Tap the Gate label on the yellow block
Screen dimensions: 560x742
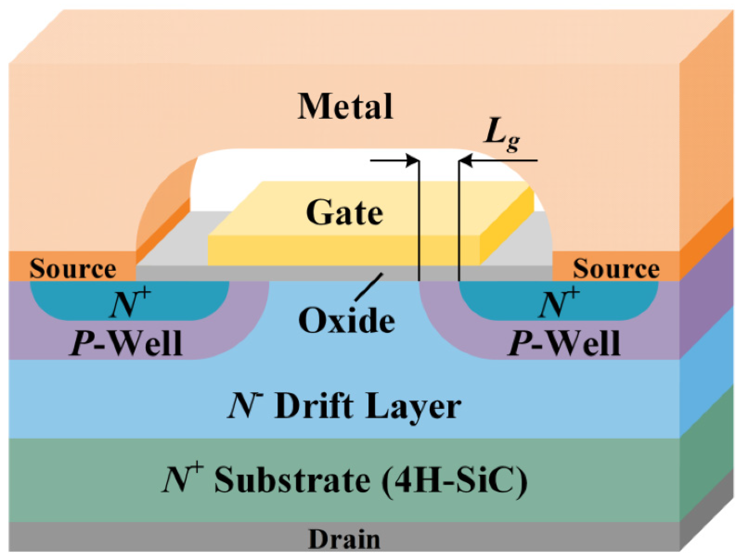[x=345, y=213]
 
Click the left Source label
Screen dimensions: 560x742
[x=73, y=269]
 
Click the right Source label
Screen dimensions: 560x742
[x=616, y=269]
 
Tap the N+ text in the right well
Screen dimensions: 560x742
[x=558, y=303]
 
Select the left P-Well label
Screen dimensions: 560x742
[x=126, y=344]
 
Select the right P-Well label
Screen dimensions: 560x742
[x=564, y=344]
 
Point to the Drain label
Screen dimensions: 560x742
[x=344, y=539]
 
